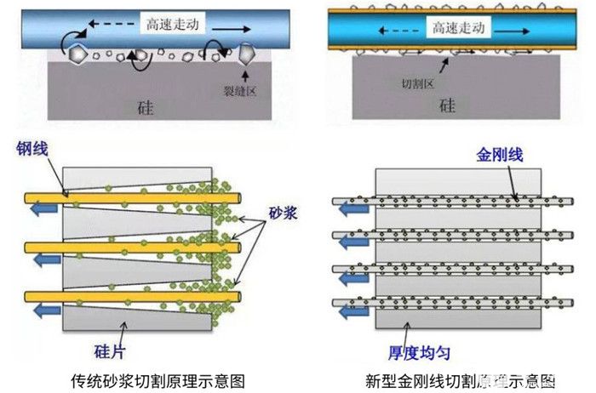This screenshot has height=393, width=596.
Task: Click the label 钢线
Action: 31,151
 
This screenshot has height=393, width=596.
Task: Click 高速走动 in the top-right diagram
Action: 458,28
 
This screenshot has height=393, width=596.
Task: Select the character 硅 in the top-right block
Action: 446,106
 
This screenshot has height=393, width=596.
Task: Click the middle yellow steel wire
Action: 128,247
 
